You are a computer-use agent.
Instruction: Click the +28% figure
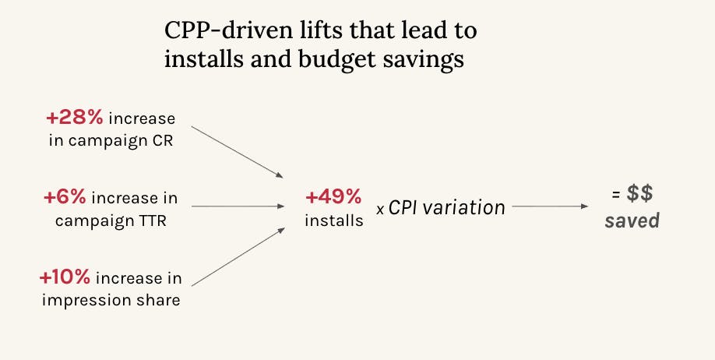(x=74, y=118)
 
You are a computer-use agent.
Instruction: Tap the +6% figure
(x=66, y=198)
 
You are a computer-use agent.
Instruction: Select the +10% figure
(x=65, y=277)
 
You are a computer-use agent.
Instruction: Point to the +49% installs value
(x=333, y=198)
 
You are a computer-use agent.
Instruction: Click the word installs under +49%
(x=333, y=221)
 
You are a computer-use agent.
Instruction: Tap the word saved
(x=632, y=221)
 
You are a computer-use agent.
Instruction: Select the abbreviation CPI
(x=405, y=208)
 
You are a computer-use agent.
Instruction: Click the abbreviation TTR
(x=151, y=221)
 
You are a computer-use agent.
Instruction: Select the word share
(x=158, y=300)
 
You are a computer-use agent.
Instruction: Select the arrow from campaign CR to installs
(x=238, y=151)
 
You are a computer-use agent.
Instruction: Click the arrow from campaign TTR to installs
(x=238, y=206)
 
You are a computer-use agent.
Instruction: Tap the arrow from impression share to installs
(x=238, y=258)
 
